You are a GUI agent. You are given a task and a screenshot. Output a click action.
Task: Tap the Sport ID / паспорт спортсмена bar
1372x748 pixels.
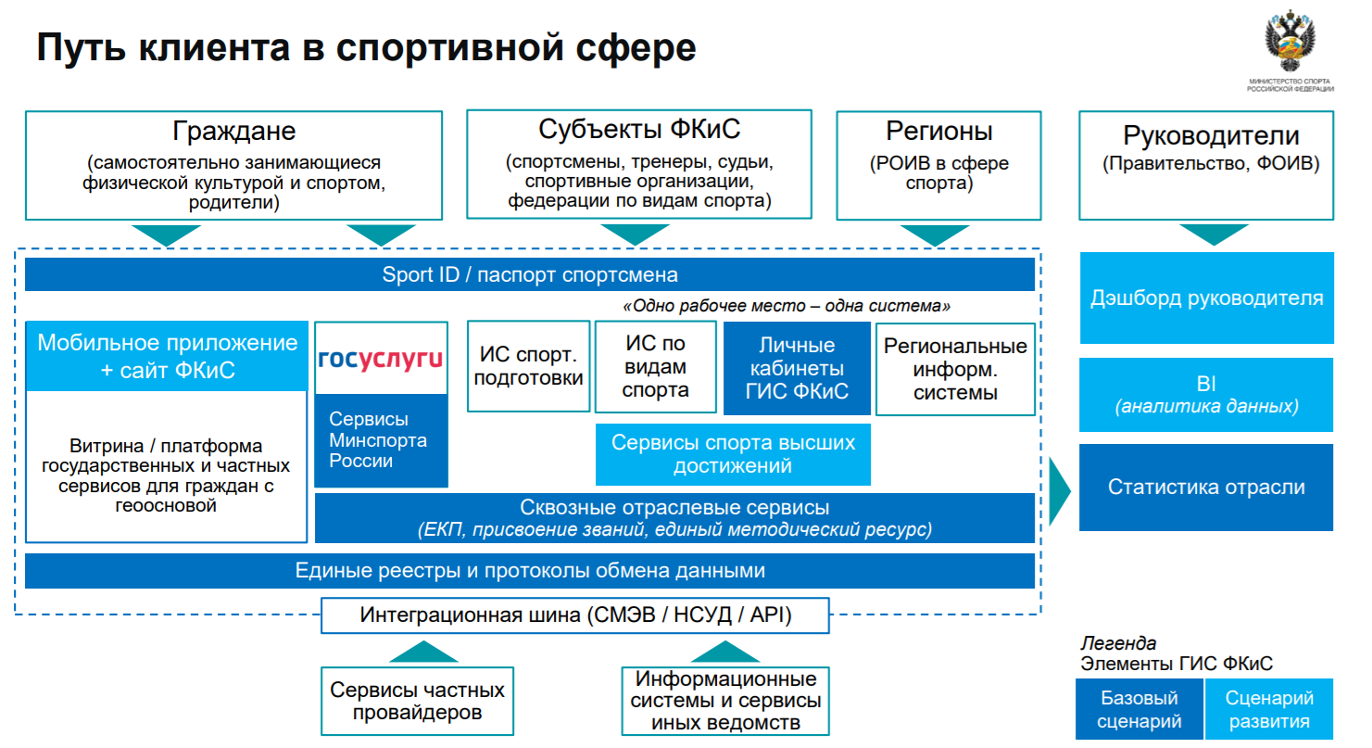pyautogui.click(x=529, y=275)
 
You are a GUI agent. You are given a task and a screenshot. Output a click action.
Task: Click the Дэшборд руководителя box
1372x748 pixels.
pyautogui.click(x=1206, y=298)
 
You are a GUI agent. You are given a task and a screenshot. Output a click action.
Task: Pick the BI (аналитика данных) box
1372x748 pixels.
pyautogui.click(x=1206, y=395)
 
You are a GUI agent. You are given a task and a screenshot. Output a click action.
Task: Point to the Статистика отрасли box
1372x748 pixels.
pyautogui.click(x=1206, y=488)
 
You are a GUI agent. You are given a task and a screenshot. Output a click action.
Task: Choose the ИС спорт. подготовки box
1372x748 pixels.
pyautogui.click(x=529, y=366)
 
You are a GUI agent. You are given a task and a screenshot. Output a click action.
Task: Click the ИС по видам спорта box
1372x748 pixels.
pyautogui.click(x=655, y=366)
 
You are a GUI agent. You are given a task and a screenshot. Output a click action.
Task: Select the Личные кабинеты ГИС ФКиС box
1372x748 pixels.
pyautogui.click(x=797, y=368)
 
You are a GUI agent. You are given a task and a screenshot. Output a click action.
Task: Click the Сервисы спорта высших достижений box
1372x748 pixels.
pyautogui.click(x=733, y=454)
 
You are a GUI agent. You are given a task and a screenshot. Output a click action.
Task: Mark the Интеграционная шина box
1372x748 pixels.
pyautogui.click(x=575, y=615)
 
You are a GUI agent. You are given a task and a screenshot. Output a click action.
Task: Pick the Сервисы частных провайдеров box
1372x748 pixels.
pyautogui.click(x=418, y=702)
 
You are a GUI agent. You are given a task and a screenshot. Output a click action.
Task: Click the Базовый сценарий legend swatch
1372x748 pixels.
pyautogui.click(x=1139, y=710)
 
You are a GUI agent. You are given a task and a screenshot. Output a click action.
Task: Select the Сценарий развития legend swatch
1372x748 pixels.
pyautogui.click(x=1269, y=710)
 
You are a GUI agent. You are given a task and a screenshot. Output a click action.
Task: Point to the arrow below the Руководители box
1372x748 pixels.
pyautogui.click(x=1205, y=234)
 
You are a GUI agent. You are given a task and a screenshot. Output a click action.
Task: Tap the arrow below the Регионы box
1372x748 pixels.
pyautogui.click(x=935, y=235)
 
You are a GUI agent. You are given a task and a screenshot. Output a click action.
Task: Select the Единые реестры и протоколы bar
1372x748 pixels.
pyautogui.click(x=529, y=571)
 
